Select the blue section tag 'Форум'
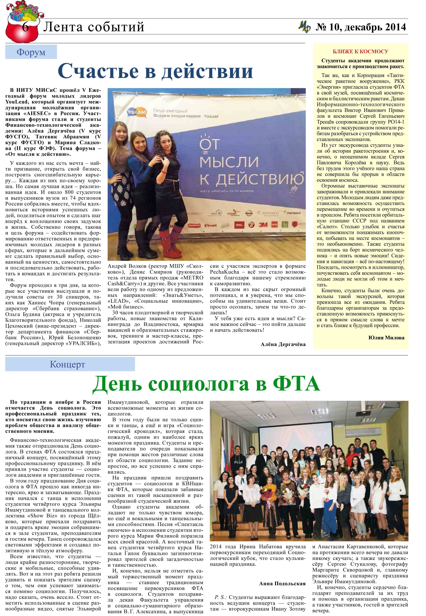pos(31,52)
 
